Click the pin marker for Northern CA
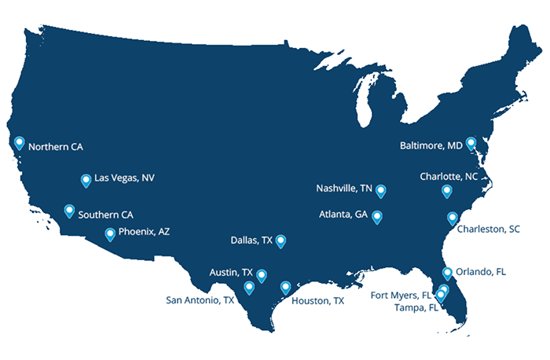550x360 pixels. point(20,143)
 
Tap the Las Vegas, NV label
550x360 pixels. point(124,178)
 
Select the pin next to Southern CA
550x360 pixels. point(69,211)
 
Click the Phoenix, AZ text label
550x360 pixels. point(144,232)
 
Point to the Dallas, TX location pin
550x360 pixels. point(280,241)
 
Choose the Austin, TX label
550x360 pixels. point(231,273)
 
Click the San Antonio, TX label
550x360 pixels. point(200,299)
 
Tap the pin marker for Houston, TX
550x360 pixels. point(285,287)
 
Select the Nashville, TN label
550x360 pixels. point(344,189)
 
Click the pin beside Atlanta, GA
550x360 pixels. point(377,216)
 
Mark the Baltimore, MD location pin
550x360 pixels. point(470,143)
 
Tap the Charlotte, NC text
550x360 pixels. point(449,176)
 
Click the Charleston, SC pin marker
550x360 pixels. point(452,218)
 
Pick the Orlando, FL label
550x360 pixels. point(481,272)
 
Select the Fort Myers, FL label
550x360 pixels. point(401,296)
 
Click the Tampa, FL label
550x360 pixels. point(416,307)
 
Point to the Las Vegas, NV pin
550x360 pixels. point(86,180)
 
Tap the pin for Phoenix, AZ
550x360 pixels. point(111,233)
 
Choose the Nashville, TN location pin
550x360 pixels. point(381,190)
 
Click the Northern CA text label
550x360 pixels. point(55,146)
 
